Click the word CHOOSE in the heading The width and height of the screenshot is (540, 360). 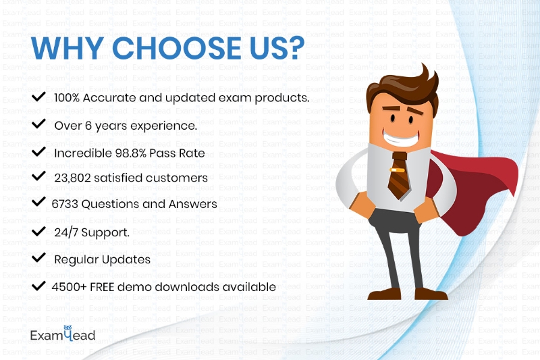[176, 47]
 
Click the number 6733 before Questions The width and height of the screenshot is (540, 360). [65, 204]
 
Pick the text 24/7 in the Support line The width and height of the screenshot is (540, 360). [66, 232]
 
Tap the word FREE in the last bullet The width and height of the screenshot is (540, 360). [102, 287]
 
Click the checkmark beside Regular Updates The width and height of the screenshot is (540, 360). [38, 257]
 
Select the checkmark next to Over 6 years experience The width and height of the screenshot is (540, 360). [38, 124]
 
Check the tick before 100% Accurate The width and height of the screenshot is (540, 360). [38, 97]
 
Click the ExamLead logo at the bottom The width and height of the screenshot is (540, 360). [63, 334]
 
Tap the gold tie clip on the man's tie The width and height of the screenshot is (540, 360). [397, 170]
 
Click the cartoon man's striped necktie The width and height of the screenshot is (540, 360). [399, 176]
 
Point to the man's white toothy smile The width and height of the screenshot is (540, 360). [401, 138]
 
